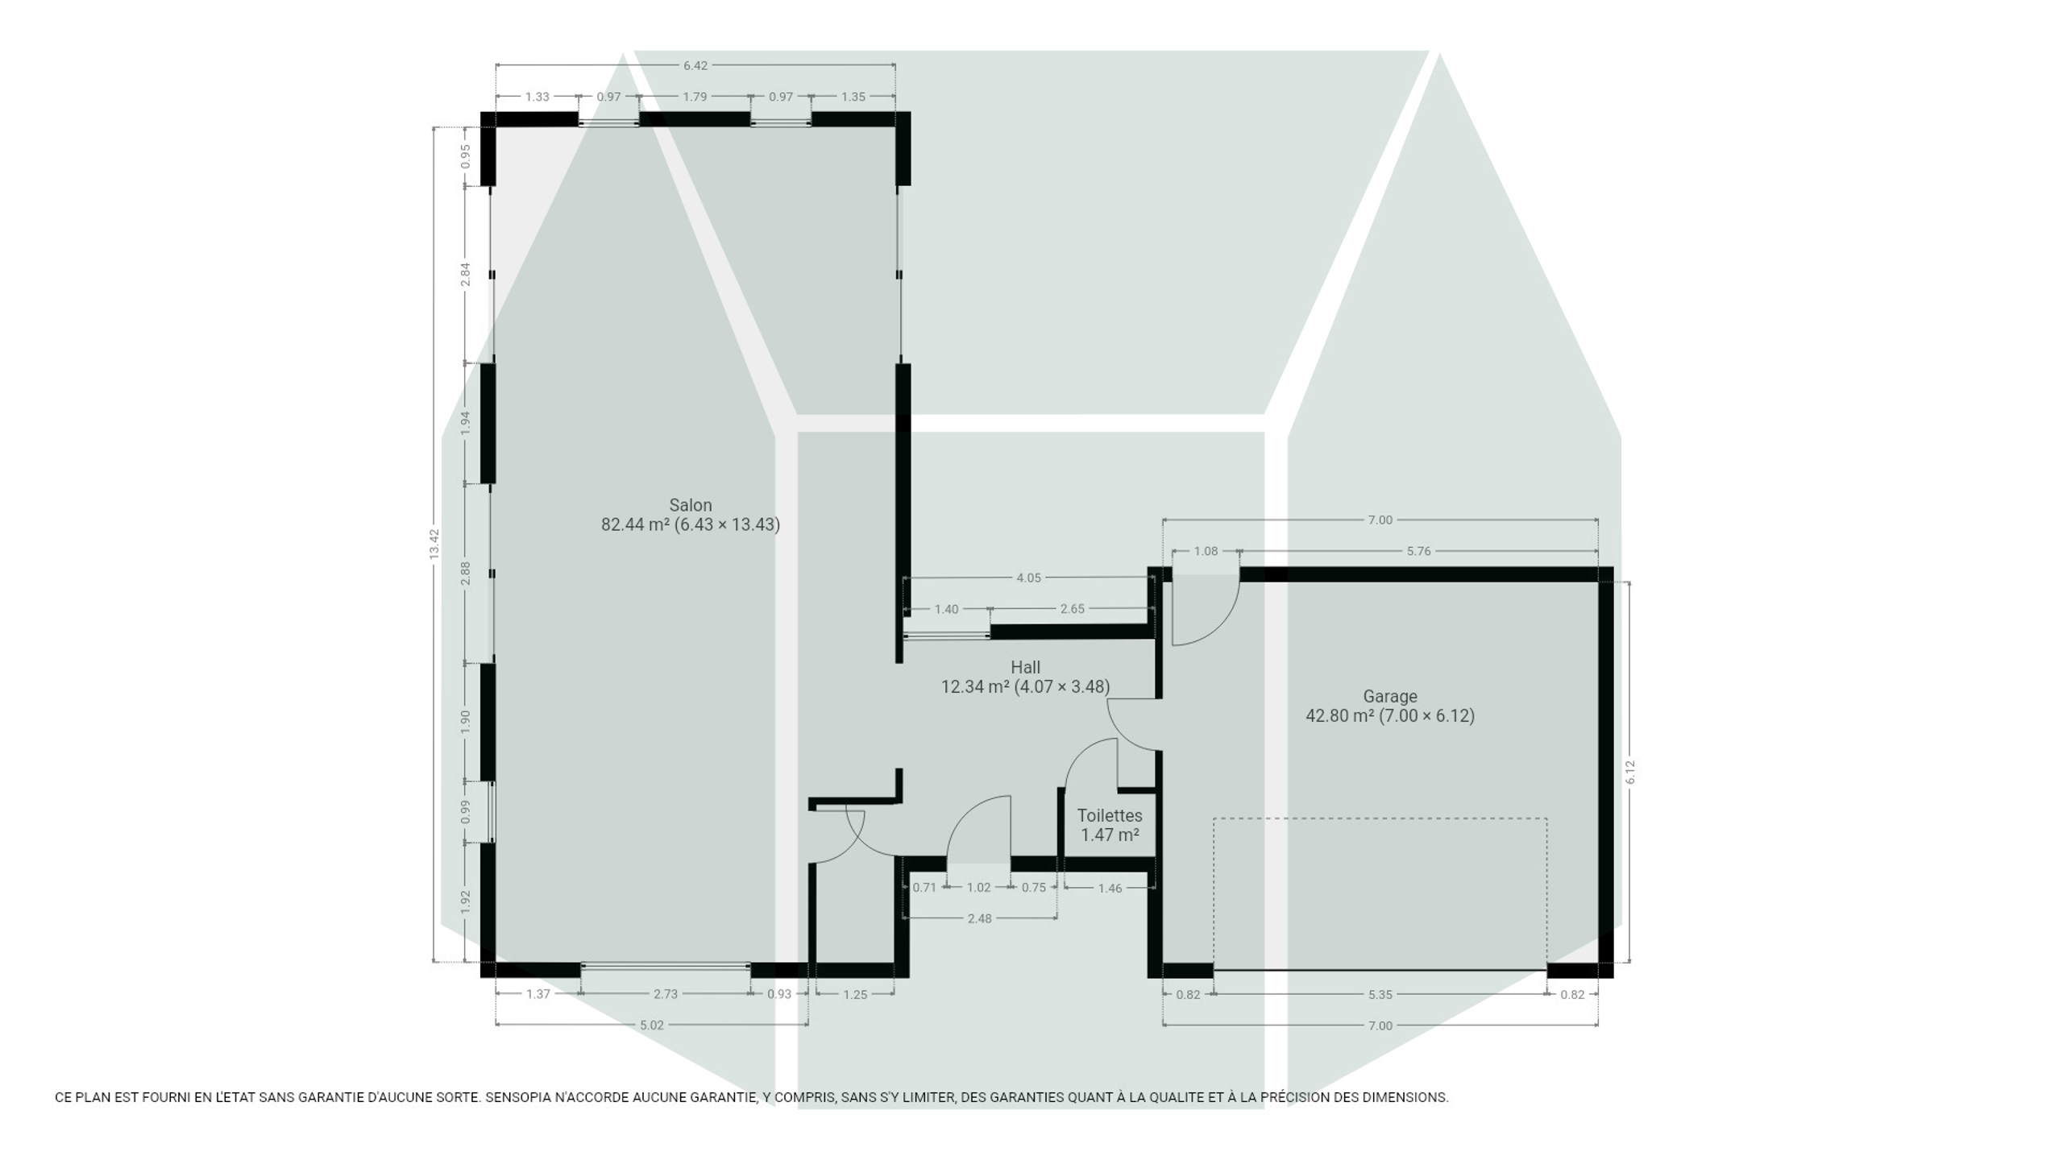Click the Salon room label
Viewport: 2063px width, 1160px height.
tap(691, 505)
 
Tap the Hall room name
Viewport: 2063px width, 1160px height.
tap(1025, 667)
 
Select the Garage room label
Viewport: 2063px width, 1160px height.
tap(1390, 696)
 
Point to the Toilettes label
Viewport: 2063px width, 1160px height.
tap(1110, 815)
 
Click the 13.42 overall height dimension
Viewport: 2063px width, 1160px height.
tap(434, 544)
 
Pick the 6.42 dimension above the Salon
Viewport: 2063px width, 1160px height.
tap(695, 65)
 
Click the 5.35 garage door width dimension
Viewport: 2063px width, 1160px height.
tap(1380, 994)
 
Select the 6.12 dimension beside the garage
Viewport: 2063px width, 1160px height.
tap(1630, 772)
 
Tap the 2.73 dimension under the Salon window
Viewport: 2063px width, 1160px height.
tap(666, 993)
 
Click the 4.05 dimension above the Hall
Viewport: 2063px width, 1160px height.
tap(1028, 578)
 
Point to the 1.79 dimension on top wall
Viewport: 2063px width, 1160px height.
tap(695, 97)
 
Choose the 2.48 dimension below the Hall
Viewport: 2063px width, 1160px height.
tap(980, 918)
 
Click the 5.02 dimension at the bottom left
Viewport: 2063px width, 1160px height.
tap(652, 1025)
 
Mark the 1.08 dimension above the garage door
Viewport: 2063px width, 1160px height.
tap(1206, 551)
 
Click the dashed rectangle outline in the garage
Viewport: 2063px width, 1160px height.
tap(1380, 818)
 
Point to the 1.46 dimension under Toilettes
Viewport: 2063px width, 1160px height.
tap(1110, 888)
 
